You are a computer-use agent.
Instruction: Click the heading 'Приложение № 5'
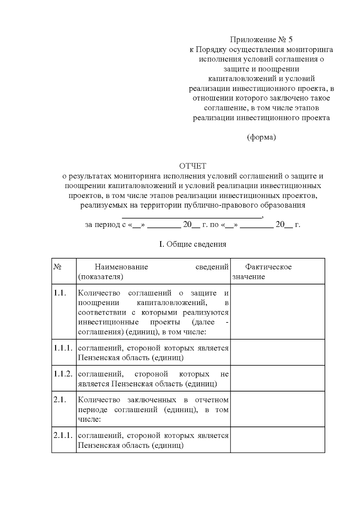click(261, 40)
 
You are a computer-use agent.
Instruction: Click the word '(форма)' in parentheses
click(261, 137)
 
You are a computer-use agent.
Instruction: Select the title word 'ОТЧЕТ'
click(193, 166)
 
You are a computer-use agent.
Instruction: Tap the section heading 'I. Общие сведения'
click(193, 244)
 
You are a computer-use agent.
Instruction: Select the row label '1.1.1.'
click(63, 348)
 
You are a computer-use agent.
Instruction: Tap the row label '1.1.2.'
click(63, 374)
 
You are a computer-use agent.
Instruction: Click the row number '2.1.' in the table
click(60, 400)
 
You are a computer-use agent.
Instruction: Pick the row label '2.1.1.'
click(63, 436)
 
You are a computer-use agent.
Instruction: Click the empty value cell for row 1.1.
click(277, 312)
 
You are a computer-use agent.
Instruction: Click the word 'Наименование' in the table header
click(121, 267)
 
